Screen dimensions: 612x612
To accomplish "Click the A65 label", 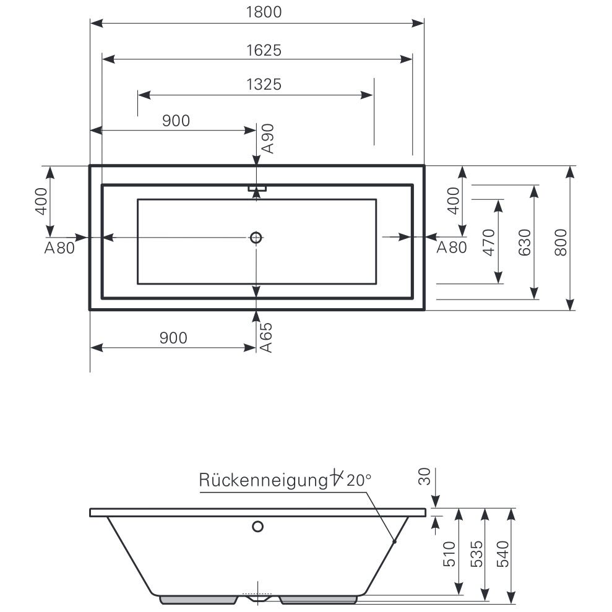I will tap(266, 337).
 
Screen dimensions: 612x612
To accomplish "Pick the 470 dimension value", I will tap(488, 243).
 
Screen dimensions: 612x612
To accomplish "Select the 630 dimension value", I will tap(524, 243).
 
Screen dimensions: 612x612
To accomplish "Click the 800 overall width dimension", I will tap(560, 241).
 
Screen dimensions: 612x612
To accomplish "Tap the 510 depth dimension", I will tap(450, 554).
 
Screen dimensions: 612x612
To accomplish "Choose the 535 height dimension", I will tap(476, 554).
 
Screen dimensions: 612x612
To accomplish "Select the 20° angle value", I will tap(359, 480).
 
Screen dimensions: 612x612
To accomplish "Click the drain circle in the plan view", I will tap(256, 237).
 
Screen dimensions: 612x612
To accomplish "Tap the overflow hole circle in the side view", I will tap(257, 527).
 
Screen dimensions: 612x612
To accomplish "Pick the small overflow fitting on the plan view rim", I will tap(257, 187).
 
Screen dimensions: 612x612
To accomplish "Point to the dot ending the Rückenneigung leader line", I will tap(394, 541).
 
